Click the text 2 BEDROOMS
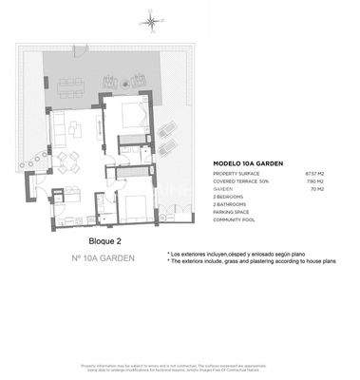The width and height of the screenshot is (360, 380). pyautogui.click(x=232, y=197)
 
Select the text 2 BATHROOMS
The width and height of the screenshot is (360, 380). pyautogui.click(x=233, y=204)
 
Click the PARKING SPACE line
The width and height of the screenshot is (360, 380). pyautogui.click(x=234, y=212)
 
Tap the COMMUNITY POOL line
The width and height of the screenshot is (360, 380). pyautogui.click(x=236, y=219)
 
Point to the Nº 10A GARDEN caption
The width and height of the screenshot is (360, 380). pyautogui.click(x=103, y=259)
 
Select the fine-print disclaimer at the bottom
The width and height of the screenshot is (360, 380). pyautogui.click(x=180, y=368)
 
